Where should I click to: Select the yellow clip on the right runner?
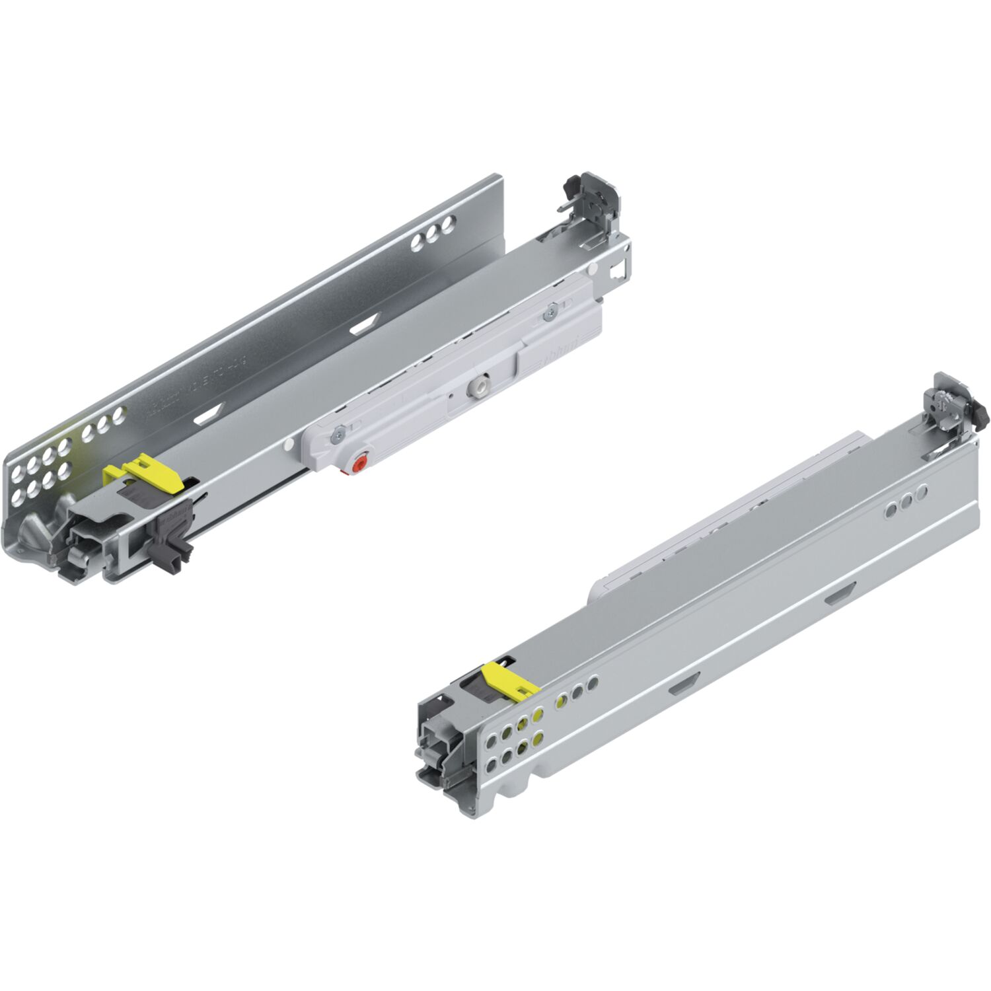pyautogui.click(x=509, y=680)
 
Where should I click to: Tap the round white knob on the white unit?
pyautogui.click(x=476, y=386)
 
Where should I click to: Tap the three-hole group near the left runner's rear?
pyautogui.click(x=433, y=234)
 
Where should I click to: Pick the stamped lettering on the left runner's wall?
pyautogui.click(x=198, y=383)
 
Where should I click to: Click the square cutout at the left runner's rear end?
pyautogui.click(x=617, y=270)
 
